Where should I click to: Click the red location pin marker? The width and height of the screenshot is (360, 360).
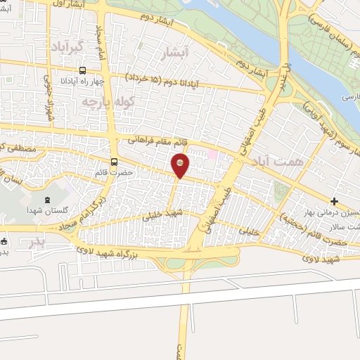click(180, 165)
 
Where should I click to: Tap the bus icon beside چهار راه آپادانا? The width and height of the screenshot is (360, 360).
click(83, 70)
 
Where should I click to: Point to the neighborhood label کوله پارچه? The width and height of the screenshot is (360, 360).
click(107, 103)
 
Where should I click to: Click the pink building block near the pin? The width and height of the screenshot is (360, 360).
click(212, 154)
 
